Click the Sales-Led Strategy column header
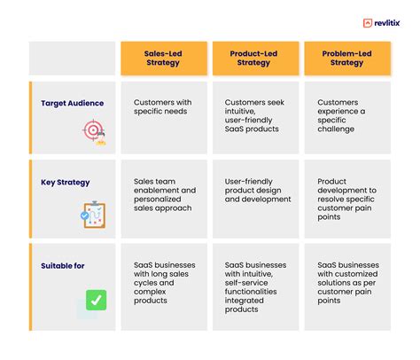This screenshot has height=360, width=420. [x=164, y=58]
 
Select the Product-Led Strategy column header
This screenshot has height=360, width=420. [x=254, y=58]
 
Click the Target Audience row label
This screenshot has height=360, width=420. [x=72, y=103]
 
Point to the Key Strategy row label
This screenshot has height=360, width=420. [x=66, y=183]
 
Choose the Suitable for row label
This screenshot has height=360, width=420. [x=64, y=264]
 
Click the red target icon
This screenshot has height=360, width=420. [x=93, y=131]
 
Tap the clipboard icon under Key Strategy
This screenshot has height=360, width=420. [x=93, y=214]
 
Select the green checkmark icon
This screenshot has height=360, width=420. [x=93, y=300]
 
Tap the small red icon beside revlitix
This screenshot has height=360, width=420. [x=367, y=24]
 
